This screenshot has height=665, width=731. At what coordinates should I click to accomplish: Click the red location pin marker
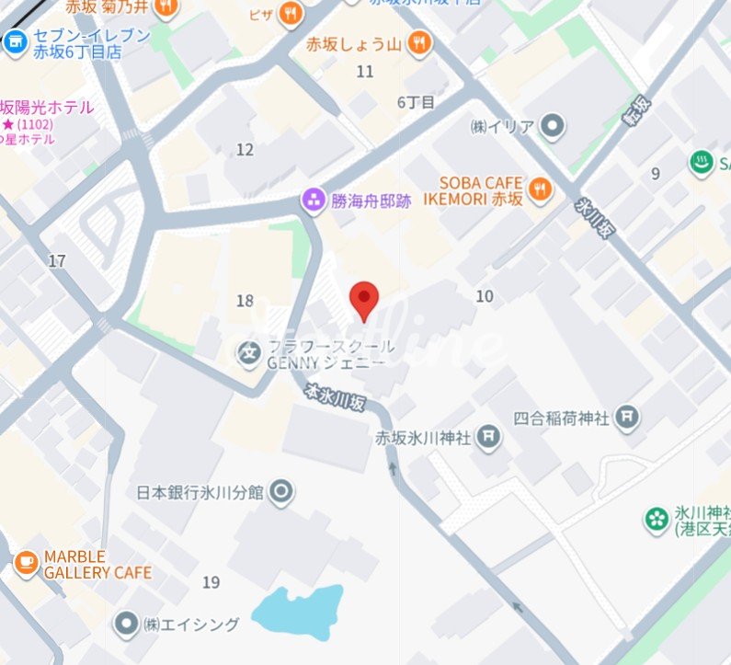[x=365, y=299]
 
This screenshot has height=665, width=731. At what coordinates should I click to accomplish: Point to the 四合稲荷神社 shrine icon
[x=629, y=418]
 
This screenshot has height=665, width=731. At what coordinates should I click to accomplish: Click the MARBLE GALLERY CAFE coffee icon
[x=26, y=560]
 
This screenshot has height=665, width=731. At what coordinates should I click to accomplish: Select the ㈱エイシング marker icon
[x=126, y=625]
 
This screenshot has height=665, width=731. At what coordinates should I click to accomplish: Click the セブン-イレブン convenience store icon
[x=15, y=41]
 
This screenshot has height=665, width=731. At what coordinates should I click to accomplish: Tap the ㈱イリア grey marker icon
[x=552, y=125]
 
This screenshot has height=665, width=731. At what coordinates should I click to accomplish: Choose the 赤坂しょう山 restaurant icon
[x=418, y=41]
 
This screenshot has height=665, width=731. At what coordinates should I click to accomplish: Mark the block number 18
[x=245, y=301]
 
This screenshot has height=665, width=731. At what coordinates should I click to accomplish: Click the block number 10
[x=485, y=296]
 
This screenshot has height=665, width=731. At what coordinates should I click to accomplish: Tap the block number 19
[x=211, y=581]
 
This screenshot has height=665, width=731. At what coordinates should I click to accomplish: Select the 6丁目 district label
[x=416, y=102]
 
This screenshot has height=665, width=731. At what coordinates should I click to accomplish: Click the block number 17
[x=57, y=261]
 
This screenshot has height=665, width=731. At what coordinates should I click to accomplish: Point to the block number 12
[x=245, y=149]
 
